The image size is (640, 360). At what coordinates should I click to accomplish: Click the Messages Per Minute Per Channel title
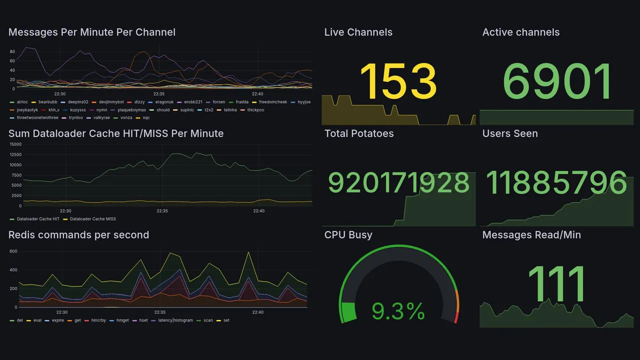click(92, 32)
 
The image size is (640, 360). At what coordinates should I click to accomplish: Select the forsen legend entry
click(218, 102)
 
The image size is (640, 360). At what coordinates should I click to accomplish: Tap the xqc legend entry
click(146, 118)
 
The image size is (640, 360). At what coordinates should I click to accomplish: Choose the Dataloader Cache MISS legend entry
click(92, 219)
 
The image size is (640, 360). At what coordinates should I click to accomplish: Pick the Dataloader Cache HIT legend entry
click(38, 219)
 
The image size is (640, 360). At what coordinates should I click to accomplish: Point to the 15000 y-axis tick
click(15, 144)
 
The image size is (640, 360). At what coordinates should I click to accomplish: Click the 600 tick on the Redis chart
click(13, 251)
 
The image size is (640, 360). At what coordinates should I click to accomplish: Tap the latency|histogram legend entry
click(175, 320)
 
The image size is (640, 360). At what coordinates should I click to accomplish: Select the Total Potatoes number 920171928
click(398, 183)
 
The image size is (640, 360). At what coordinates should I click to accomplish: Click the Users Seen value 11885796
click(556, 183)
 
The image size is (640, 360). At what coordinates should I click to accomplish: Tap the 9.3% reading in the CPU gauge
click(398, 312)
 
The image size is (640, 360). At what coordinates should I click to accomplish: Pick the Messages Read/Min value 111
click(556, 284)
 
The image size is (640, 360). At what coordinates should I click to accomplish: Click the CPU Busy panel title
click(348, 235)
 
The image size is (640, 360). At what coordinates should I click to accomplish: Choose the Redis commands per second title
click(79, 235)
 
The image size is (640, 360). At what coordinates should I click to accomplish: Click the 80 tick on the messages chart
click(12, 51)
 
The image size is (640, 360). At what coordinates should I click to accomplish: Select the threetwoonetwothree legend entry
click(37, 118)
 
